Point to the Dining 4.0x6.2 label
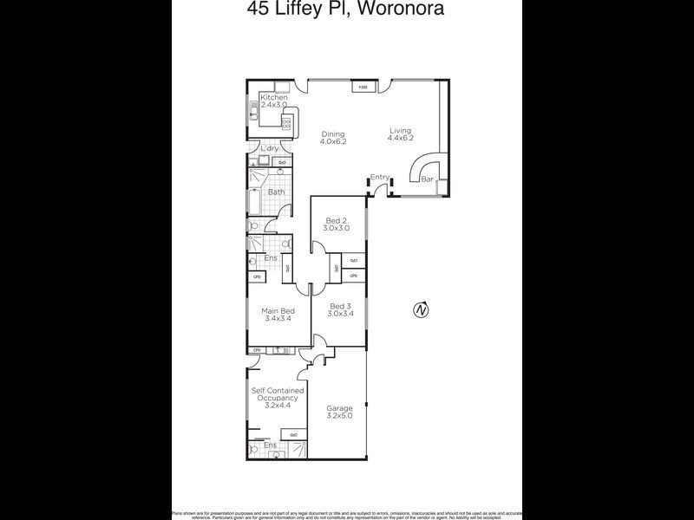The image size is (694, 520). [333, 138]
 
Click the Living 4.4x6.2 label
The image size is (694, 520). [400, 134]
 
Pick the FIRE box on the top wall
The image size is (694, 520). [363, 88]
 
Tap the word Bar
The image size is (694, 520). [427, 179]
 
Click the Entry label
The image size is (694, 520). [379, 178]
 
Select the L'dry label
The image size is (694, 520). [270, 149]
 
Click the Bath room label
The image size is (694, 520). [276, 192]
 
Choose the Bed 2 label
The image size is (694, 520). [336, 224]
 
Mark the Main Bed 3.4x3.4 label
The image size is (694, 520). [278, 315]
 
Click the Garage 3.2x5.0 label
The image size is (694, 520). [339, 412]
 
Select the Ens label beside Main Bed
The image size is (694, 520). [271, 257]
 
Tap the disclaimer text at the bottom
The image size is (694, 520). [346, 513]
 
